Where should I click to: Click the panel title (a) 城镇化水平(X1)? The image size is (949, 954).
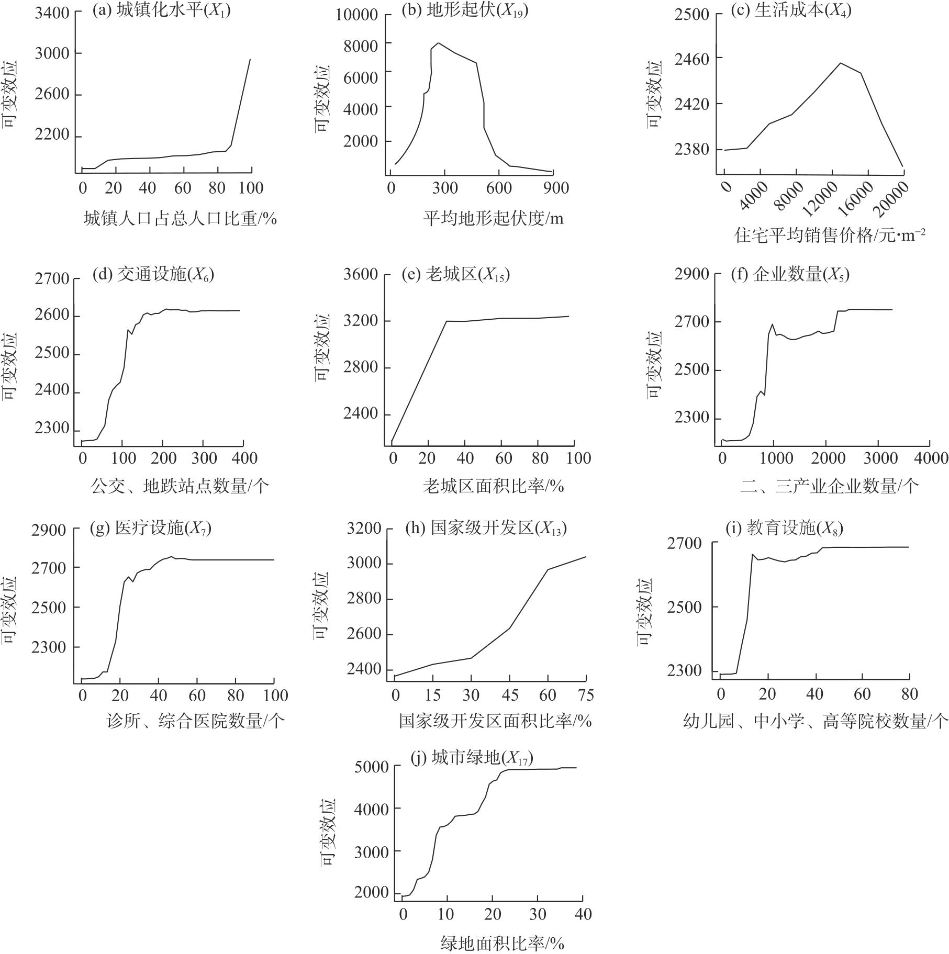point(161,11)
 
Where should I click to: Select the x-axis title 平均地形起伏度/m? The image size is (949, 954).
point(493,218)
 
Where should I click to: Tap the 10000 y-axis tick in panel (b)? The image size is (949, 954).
point(356,15)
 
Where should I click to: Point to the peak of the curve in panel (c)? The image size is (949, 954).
point(841,63)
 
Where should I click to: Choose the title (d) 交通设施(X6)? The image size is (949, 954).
point(153,274)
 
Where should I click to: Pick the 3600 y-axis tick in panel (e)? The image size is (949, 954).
point(361,274)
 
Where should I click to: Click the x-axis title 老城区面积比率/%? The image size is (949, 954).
point(493,487)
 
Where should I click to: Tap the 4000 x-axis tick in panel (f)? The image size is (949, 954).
point(930,458)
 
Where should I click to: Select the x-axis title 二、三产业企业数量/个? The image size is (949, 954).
point(830,487)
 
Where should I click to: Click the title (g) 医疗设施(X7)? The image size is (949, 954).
point(151,529)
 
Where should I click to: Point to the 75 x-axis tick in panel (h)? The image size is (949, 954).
point(586,695)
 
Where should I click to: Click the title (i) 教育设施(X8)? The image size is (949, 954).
point(784,529)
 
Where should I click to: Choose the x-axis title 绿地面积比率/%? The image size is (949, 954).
point(503,944)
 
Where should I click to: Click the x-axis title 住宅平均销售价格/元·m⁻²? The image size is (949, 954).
point(830,235)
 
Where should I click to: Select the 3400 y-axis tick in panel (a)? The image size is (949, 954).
point(52,13)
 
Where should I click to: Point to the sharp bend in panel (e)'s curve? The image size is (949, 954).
point(446,321)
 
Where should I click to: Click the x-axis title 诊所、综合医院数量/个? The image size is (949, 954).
point(195,722)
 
